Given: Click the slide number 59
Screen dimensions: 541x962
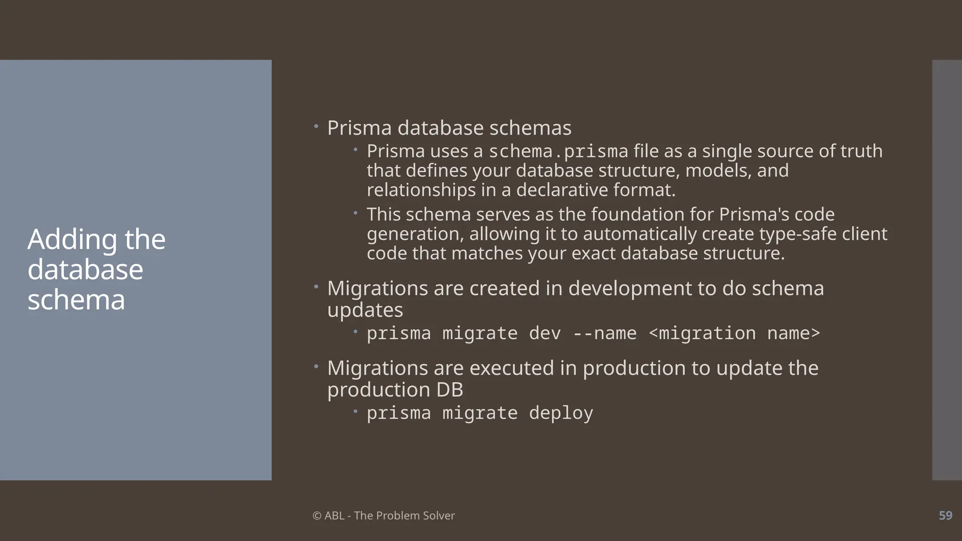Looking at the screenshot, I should point(945,515).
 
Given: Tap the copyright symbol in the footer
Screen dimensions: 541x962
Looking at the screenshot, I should point(317,516).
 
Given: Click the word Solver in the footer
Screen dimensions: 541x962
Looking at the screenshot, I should point(439,516).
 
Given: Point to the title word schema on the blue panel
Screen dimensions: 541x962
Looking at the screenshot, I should point(76,300).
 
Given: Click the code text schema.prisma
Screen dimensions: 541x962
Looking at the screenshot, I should point(558,152).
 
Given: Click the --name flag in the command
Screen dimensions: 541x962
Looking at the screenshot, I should point(605,333).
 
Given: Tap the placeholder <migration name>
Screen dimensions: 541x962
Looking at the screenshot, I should point(734,333).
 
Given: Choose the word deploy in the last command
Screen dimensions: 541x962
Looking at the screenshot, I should point(561,413).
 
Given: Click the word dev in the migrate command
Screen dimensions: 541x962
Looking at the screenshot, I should point(545,333).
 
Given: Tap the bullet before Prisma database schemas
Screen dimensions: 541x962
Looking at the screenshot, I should point(316,126).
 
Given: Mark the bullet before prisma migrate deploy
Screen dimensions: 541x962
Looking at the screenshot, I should point(356,412).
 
